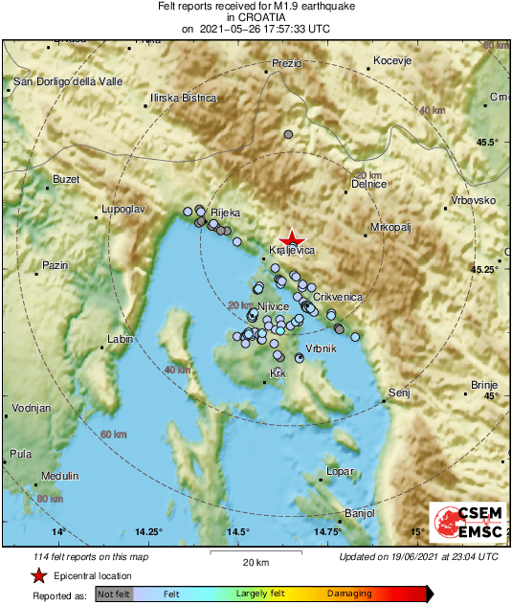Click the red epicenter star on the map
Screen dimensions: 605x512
292,239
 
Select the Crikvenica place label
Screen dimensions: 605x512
338,298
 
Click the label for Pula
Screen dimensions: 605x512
21,454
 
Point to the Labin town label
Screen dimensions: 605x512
121,340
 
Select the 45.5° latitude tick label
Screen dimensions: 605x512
487,143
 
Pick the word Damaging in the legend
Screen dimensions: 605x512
350,594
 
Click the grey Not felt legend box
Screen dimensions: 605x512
113,594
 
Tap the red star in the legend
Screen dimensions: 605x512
38,576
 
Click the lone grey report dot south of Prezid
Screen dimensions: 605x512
289,136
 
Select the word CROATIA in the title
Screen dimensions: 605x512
256,16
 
